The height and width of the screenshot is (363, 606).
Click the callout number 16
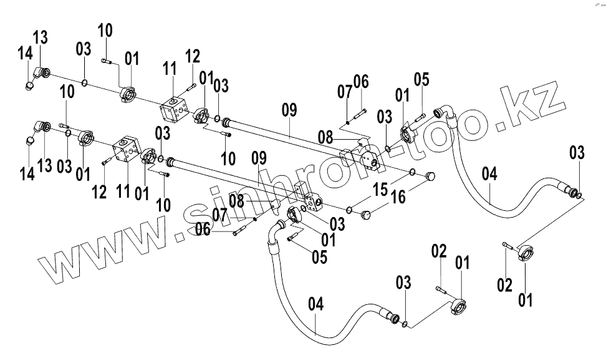[x=398, y=198]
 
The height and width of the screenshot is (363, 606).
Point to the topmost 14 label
[x=25, y=54]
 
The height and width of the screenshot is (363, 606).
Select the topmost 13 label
[x=41, y=37]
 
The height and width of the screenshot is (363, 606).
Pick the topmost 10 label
[x=105, y=30]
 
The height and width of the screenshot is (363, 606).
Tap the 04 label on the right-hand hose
[x=489, y=174]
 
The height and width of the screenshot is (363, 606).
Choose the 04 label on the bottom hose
[x=316, y=305]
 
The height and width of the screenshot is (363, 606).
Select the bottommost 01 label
[x=526, y=301]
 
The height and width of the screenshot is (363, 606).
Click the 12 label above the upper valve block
[x=193, y=56]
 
